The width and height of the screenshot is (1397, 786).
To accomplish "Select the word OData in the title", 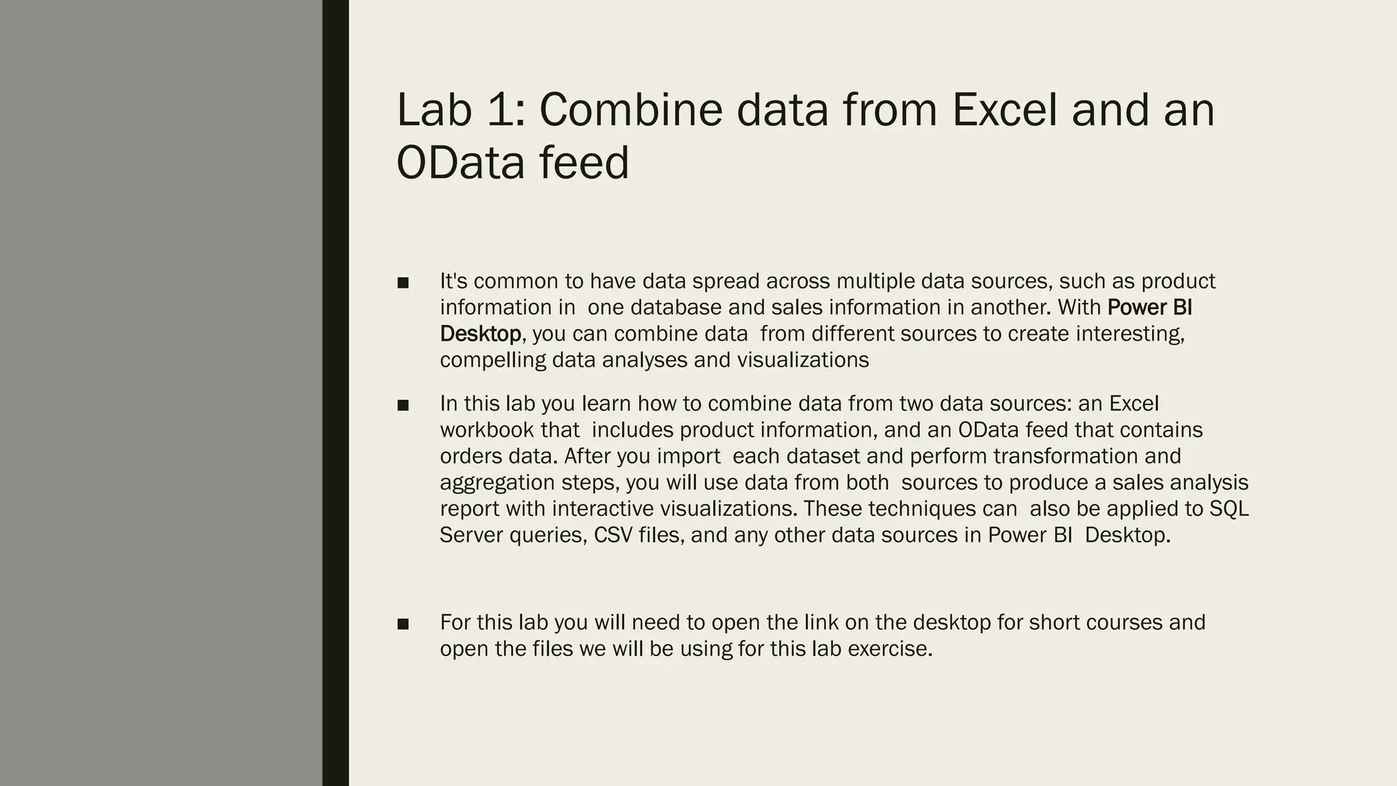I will coord(462,164).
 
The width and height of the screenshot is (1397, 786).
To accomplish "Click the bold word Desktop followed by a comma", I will coord(480,334).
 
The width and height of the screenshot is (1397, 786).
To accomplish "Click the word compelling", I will coord(492,360).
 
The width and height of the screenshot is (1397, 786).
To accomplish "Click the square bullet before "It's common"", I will coord(402,282).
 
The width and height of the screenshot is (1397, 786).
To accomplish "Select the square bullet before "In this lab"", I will coord(402,405).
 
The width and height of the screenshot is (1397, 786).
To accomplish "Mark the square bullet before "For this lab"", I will coord(402,624).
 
